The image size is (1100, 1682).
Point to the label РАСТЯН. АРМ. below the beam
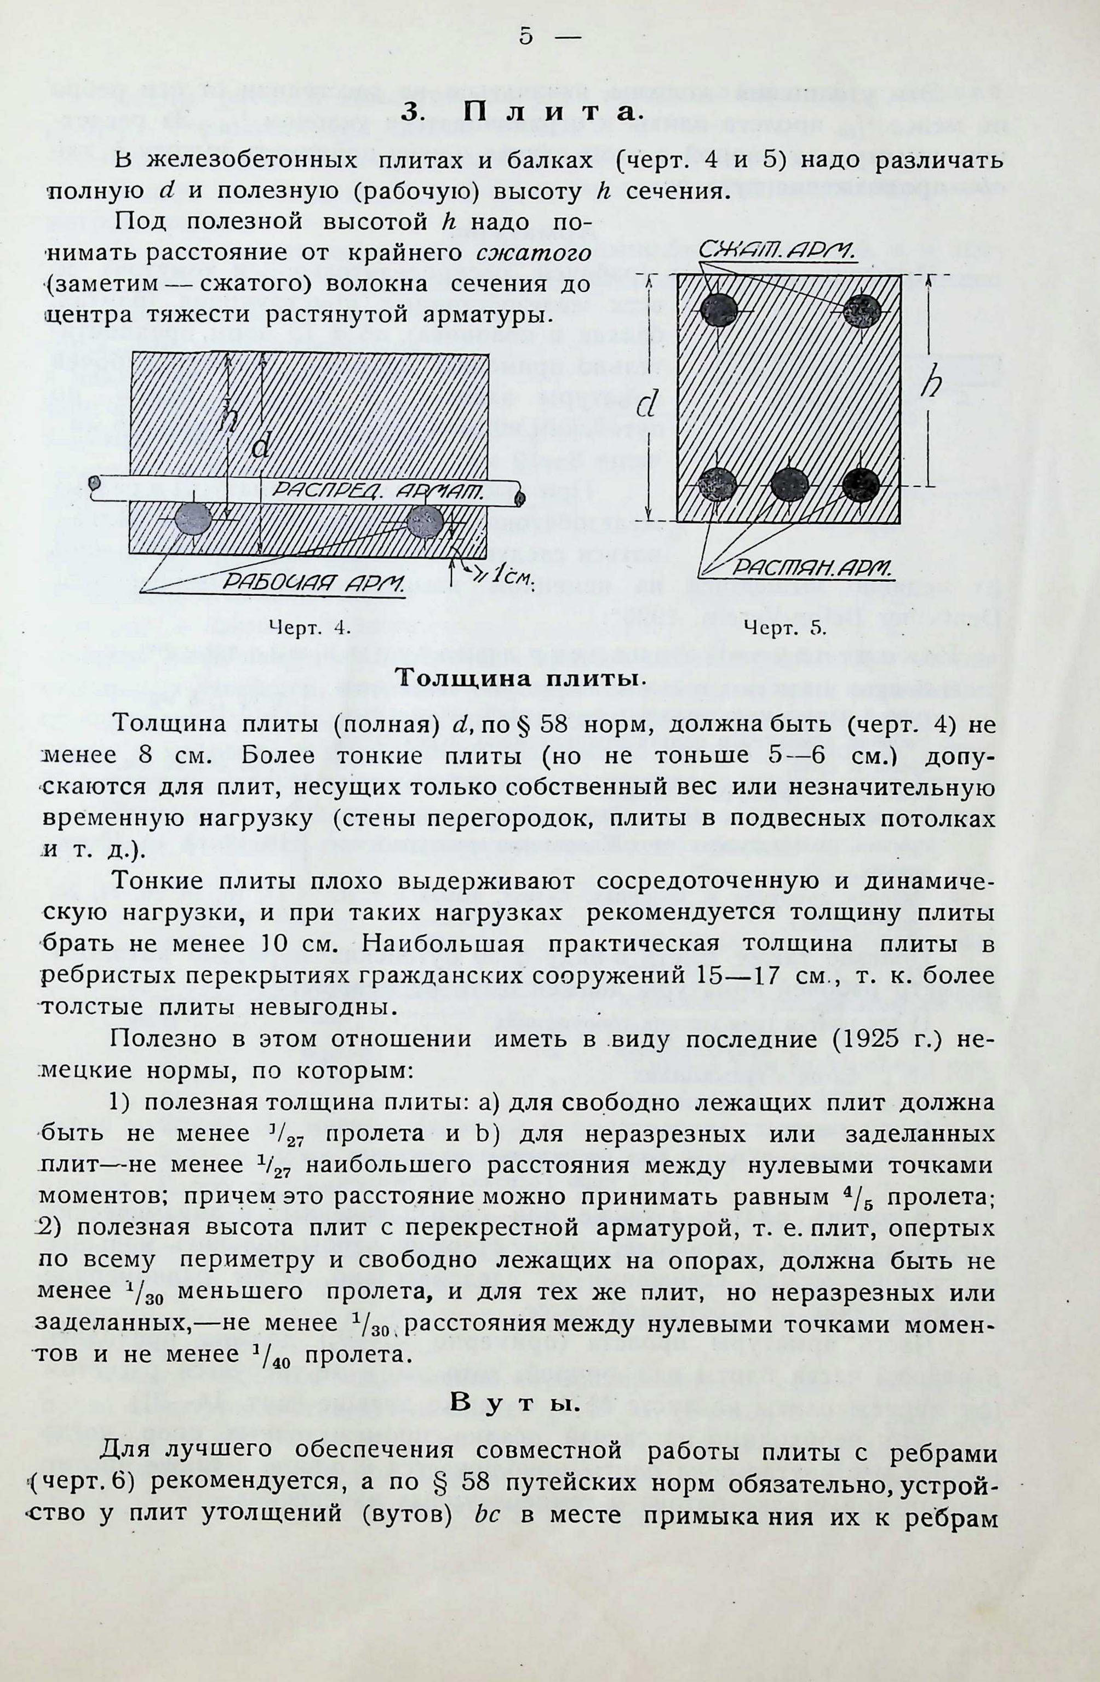tap(812, 567)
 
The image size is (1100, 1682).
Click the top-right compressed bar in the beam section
tap(862, 309)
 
